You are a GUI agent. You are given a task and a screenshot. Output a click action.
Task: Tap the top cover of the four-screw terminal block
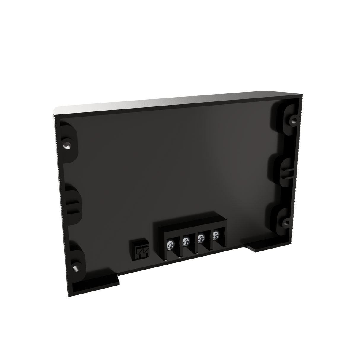pos(190,221)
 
